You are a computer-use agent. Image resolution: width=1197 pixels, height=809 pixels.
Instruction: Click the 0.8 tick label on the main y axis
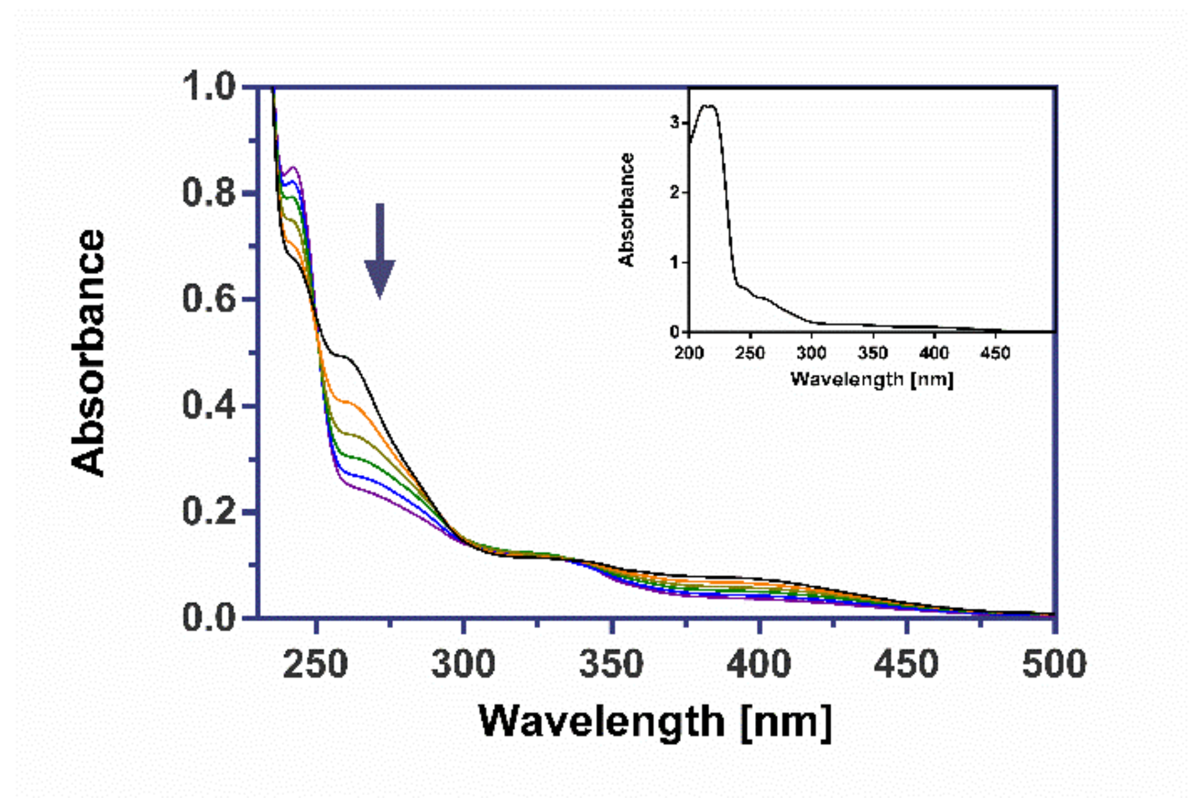209,192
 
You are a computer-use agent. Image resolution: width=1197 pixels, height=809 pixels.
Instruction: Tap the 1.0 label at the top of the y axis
209,86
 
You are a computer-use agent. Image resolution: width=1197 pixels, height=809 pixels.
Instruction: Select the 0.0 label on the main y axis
209,618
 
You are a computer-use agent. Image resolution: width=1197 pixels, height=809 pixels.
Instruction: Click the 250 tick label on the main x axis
315,664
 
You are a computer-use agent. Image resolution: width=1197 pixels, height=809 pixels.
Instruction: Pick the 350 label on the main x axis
611,664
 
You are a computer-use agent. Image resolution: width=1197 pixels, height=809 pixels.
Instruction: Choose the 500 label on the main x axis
1054,664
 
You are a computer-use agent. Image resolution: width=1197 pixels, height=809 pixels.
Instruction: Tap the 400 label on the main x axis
759,664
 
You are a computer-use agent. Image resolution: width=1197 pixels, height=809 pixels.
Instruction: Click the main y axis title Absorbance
88,353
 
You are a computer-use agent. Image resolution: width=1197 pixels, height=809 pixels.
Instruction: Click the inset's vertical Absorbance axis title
627,209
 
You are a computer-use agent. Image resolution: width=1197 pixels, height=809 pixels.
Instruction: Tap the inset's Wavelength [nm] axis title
872,380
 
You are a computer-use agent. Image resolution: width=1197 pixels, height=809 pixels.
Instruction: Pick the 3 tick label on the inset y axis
674,122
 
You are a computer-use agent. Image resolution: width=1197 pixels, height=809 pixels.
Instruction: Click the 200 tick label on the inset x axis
689,353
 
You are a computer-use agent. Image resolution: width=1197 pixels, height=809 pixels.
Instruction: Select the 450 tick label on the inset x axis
995,353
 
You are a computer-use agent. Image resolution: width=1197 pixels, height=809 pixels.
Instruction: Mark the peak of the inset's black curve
709,105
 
